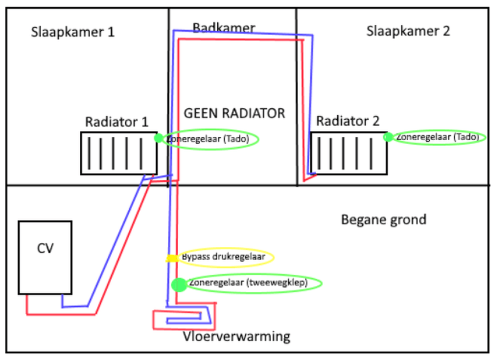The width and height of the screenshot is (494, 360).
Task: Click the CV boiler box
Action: click(45, 257)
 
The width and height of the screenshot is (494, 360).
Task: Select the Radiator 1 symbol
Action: click(119, 153)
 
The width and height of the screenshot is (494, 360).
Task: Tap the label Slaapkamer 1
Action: click(72, 32)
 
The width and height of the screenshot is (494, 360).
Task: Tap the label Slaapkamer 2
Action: click(408, 31)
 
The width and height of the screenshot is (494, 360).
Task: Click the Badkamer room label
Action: click(224, 27)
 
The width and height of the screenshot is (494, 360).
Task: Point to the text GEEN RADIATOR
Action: click(234, 113)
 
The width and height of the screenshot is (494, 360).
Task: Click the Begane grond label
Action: click(383, 220)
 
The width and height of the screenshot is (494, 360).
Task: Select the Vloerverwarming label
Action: click(237, 336)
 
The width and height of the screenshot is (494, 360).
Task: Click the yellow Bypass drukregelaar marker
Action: click(172, 258)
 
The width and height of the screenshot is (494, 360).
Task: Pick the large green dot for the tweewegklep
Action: click(179, 284)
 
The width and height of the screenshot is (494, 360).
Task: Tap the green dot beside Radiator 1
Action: click(159, 138)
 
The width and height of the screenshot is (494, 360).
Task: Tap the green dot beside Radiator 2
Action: click(388, 137)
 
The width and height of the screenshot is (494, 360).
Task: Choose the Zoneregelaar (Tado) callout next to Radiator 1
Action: click(210, 140)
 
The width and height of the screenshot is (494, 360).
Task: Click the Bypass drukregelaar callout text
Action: click(223, 257)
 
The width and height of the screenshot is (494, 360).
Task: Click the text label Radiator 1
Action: click(117, 121)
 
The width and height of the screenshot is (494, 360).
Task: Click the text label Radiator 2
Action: click(348, 121)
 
